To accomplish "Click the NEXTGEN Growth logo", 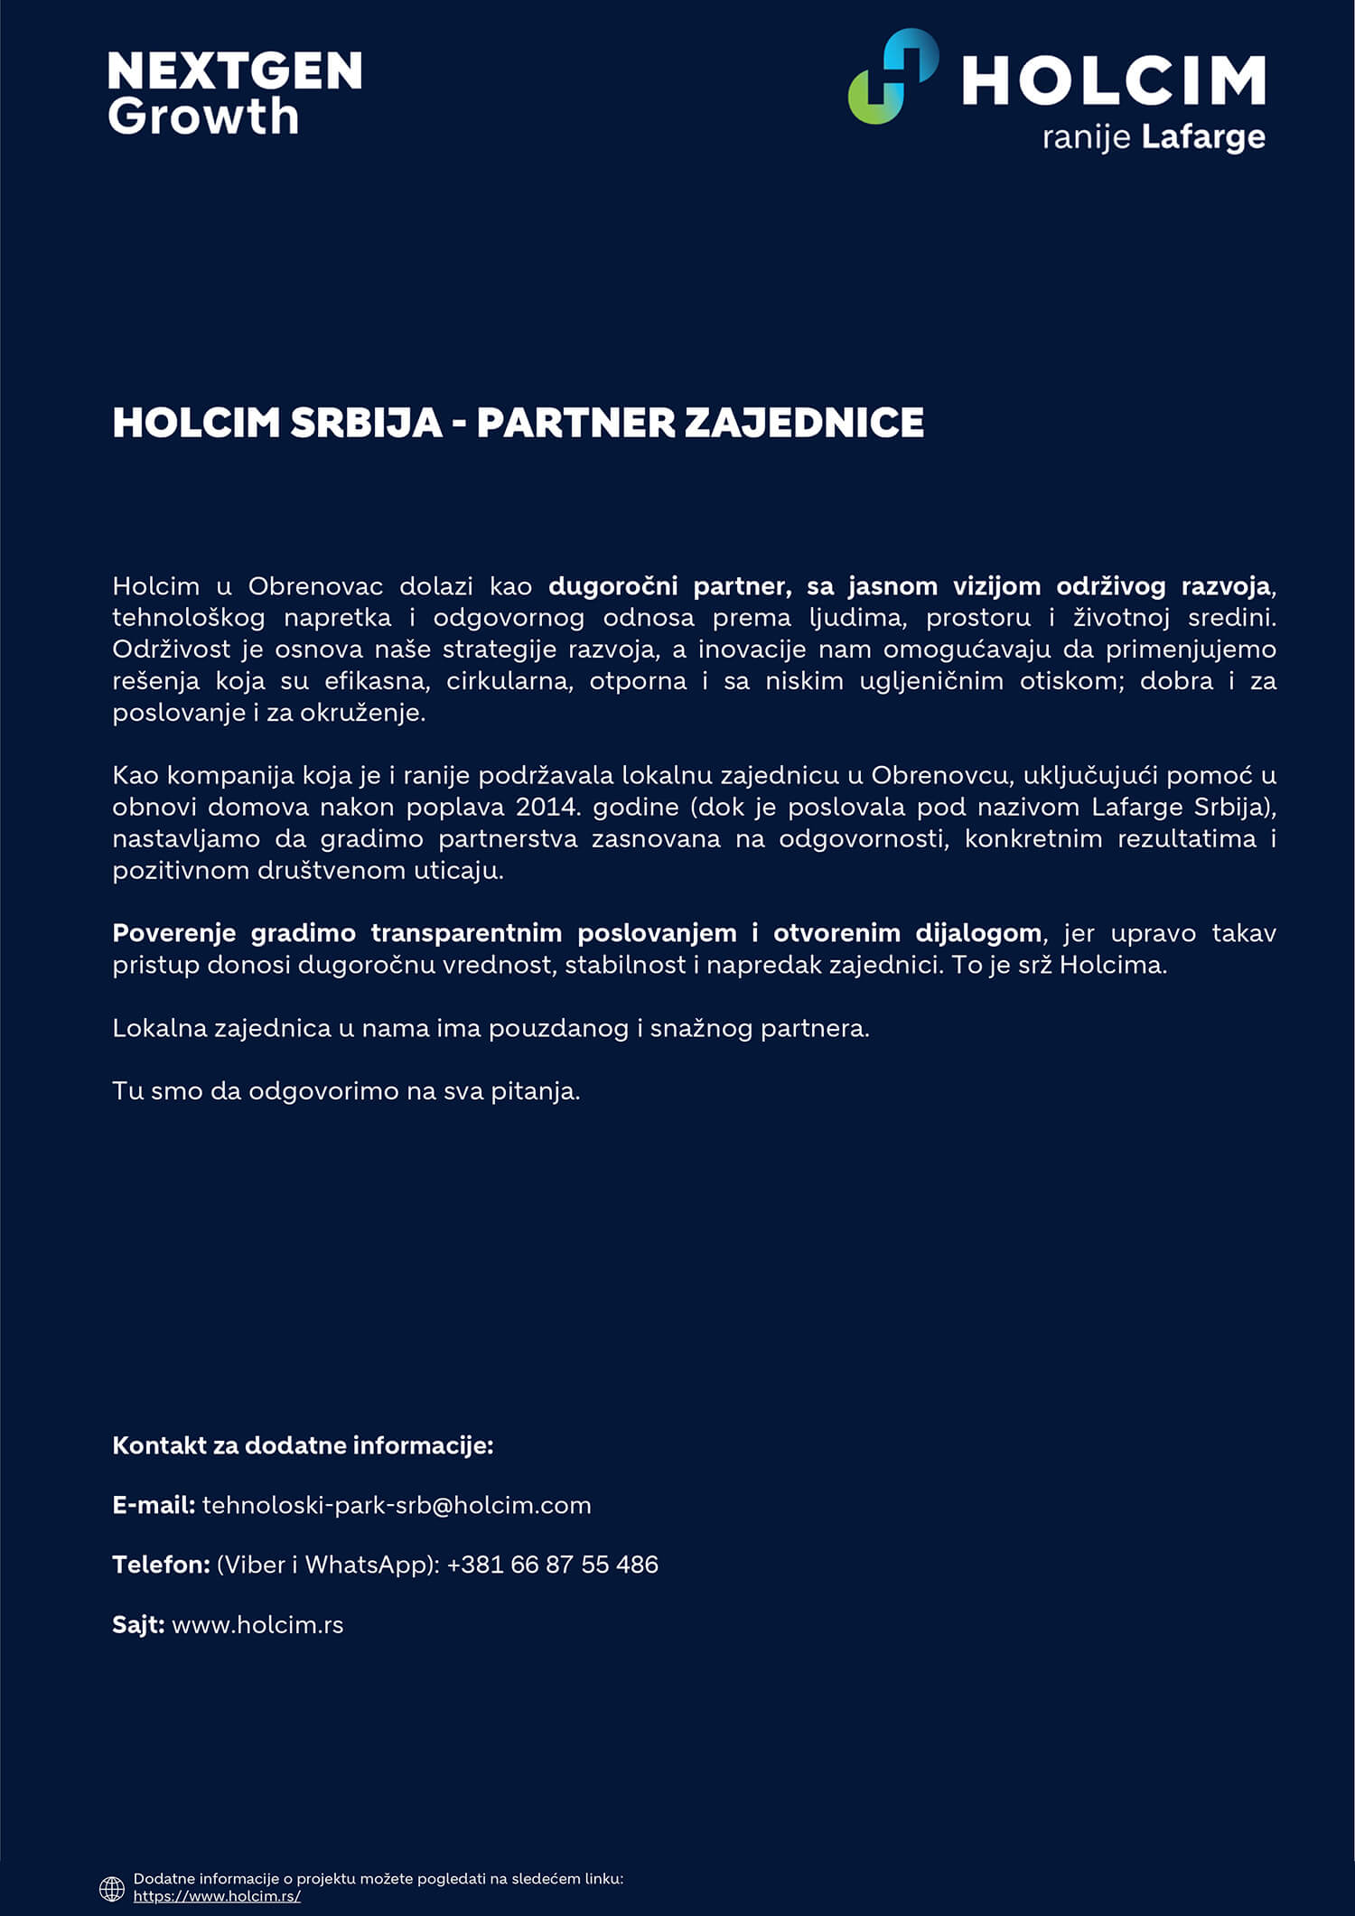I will coord(234,93).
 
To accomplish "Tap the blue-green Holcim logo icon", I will coord(892,77).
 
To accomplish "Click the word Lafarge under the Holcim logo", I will coord(1202,137).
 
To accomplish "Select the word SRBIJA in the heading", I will coord(367,423).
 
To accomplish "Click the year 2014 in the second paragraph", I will coord(547,807).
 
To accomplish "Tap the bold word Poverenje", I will coord(173,933).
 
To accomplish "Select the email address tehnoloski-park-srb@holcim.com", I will coord(397,1505).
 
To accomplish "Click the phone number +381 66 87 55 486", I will coord(552,1565).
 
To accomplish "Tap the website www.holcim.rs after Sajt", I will coord(257,1624).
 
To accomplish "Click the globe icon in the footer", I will coord(112,1888).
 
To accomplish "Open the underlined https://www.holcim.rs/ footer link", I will coord(217,1896).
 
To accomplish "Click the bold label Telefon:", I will coord(161,1565).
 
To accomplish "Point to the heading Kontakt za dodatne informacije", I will coord(303,1445).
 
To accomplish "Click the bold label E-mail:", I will coord(154,1505).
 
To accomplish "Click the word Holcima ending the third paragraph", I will coord(1112,965).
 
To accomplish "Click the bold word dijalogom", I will coord(978,933).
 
